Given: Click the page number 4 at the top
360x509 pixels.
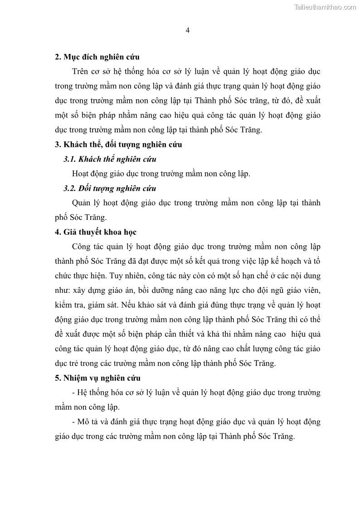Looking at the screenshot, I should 188,30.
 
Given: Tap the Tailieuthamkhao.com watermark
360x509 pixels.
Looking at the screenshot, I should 325,7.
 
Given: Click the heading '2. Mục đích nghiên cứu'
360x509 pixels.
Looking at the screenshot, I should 97,57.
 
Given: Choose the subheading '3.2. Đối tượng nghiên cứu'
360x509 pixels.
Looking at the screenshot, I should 110,188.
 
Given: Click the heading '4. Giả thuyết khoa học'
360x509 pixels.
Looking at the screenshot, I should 96,232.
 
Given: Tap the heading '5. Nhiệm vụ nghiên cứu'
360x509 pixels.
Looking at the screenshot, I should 97,378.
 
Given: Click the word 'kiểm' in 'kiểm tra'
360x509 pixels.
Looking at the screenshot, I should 64,305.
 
